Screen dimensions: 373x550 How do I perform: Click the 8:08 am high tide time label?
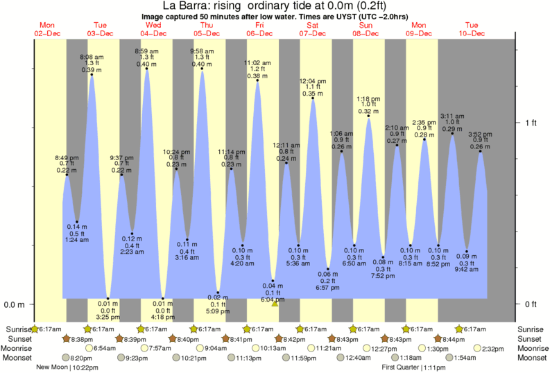pos(92,57)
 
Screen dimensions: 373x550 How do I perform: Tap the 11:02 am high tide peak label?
pos(257,63)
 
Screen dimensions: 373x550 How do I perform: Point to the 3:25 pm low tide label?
pos(108,317)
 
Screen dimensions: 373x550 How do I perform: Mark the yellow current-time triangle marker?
pos(275,303)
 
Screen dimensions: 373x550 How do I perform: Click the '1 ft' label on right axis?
pos(531,123)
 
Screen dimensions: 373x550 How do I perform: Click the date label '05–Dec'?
pos(206,33)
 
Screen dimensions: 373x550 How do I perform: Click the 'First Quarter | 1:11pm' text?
pos(413,367)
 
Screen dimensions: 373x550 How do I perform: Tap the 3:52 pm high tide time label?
pos(480,135)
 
